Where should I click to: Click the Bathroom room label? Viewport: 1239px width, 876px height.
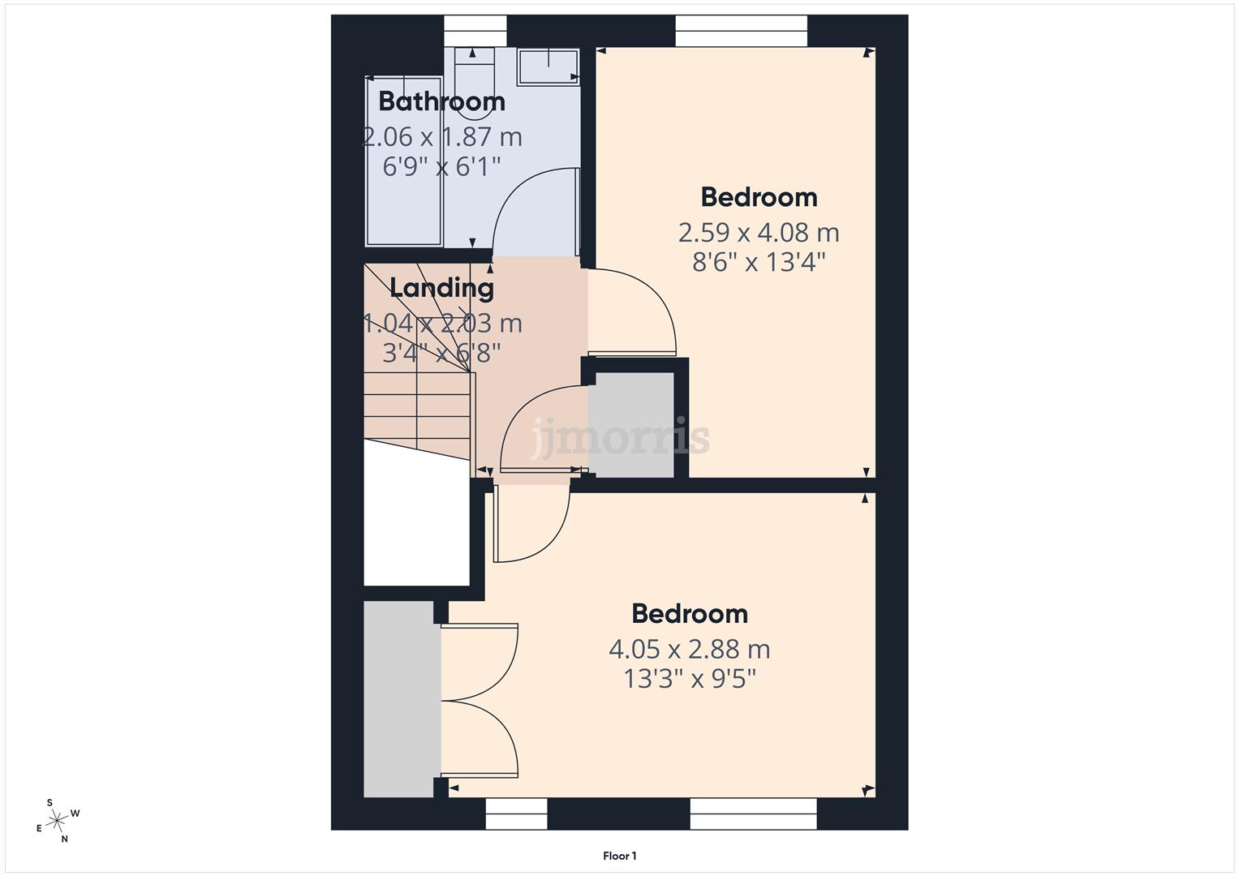pyautogui.click(x=441, y=101)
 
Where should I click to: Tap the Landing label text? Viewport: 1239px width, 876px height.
pyautogui.click(x=441, y=288)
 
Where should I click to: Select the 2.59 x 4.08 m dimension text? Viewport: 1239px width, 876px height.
pyautogui.click(x=758, y=233)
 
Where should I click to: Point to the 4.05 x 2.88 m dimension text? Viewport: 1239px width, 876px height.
pyautogui.click(x=689, y=649)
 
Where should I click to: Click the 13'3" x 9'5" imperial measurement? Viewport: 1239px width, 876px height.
pyautogui.click(x=689, y=678)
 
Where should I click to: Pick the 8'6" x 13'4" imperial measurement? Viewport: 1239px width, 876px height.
pyautogui.click(x=758, y=262)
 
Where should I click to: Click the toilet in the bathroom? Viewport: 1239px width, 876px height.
pyautogui.click(x=474, y=85)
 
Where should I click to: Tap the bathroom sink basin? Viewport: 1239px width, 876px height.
pyautogui.click(x=549, y=66)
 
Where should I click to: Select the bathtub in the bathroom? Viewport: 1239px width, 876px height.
pyautogui.click(x=403, y=162)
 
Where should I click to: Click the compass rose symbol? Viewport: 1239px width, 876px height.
pyautogui.click(x=57, y=821)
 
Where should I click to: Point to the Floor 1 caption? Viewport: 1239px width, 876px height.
pyautogui.click(x=620, y=856)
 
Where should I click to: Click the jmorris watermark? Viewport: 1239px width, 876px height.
pyautogui.click(x=621, y=438)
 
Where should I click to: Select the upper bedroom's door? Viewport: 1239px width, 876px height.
pyautogui.click(x=633, y=312)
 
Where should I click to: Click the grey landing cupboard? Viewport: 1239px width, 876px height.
pyautogui.click(x=631, y=424)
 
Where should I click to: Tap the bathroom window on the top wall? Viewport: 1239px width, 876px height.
pyautogui.click(x=475, y=32)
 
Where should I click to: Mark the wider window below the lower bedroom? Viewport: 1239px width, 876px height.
pyautogui.click(x=753, y=814)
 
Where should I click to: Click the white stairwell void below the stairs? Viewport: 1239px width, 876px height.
pyautogui.click(x=416, y=519)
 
